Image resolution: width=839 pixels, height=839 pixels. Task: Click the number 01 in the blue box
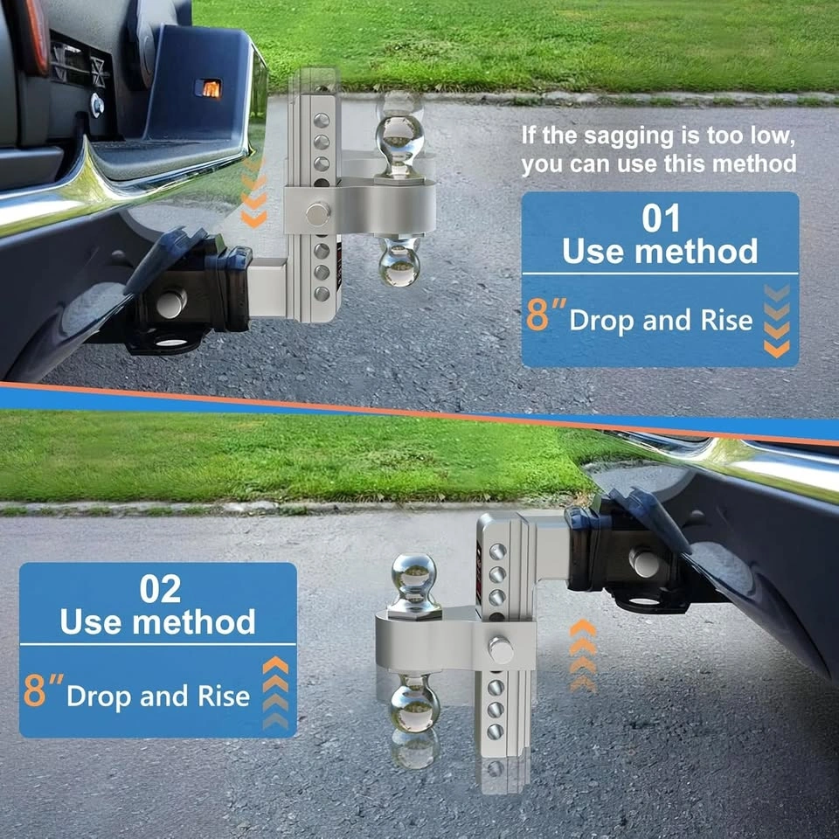(661, 218)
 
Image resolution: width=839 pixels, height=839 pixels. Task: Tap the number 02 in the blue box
(160, 589)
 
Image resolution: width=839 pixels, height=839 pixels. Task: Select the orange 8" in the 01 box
(545, 314)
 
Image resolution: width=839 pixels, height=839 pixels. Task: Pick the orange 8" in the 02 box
(43, 690)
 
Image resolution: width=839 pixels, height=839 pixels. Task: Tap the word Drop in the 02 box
(100, 697)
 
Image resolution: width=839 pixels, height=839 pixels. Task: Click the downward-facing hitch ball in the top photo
(399, 261)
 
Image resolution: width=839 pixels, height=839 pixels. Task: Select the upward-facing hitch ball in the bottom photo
(413, 582)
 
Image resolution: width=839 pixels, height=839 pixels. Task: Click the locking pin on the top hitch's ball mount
(318, 213)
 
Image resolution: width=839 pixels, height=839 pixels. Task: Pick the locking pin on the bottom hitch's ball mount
(500, 650)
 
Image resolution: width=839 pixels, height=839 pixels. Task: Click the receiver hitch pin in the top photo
(171, 303)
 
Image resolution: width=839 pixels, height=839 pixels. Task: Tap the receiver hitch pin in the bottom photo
(644, 562)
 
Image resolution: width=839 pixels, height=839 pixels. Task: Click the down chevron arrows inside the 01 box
(777, 321)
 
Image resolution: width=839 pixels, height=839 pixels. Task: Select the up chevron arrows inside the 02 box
(275, 692)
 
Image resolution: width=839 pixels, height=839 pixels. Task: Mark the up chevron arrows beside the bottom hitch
(583, 656)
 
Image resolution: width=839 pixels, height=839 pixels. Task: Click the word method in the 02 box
(194, 622)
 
